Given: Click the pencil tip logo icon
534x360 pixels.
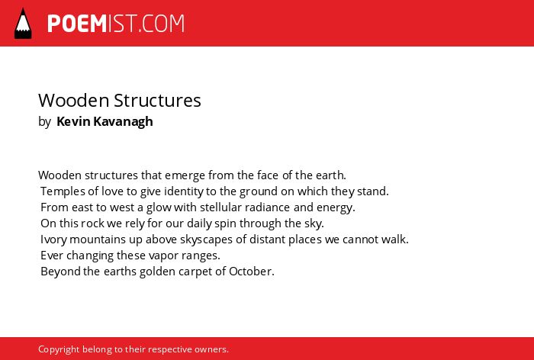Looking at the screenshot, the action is pyautogui.click(x=23, y=24).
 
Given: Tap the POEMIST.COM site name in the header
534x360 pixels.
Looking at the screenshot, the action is pyautogui.click(x=116, y=24).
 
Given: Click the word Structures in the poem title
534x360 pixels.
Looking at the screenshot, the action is pyautogui.click(x=157, y=101).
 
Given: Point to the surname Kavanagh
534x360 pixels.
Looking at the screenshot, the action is pyautogui.click(x=123, y=122).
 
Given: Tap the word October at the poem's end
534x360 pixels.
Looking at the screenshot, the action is pyautogui.click(x=251, y=272).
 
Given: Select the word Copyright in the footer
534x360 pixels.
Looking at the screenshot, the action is pyautogui.click(x=59, y=349).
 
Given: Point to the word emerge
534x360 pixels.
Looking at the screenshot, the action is pyautogui.click(x=185, y=175).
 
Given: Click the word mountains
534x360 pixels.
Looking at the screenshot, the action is pyautogui.click(x=98, y=239).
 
